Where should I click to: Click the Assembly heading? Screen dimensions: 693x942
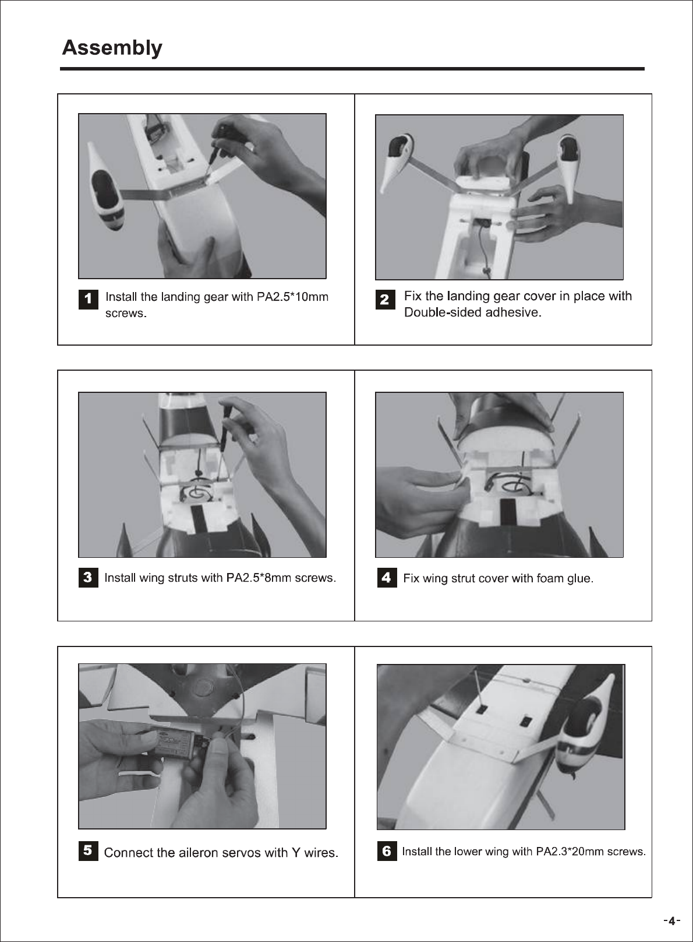tap(112, 48)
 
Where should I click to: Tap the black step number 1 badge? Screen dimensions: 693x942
tap(88, 299)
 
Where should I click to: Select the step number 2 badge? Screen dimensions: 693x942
tap(385, 300)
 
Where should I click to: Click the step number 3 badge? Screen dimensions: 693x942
tap(88, 578)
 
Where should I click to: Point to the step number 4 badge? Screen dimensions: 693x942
tap(387, 578)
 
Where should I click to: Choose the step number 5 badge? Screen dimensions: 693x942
tap(88, 850)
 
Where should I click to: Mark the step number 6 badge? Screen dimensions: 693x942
tap(387, 850)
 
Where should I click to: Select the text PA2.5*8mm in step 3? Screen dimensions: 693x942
tap(259, 578)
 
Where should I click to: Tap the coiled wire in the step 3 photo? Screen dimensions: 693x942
tap(197, 491)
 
